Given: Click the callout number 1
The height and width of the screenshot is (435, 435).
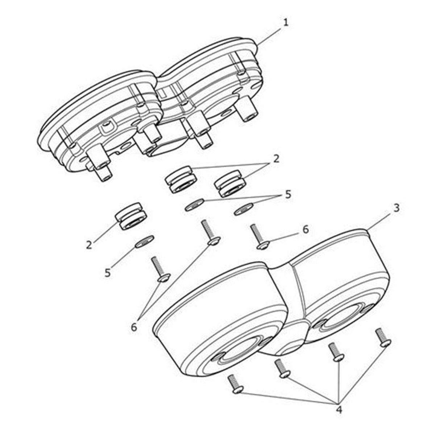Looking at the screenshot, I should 286,22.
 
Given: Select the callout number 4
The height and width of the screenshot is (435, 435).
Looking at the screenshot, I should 339,410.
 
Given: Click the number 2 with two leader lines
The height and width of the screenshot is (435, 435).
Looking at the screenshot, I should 276,159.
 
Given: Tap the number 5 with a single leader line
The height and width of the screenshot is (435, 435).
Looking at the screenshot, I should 108,273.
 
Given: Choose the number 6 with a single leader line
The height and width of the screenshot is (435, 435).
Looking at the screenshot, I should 305,229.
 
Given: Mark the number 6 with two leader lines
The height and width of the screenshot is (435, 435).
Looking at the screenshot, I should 134,327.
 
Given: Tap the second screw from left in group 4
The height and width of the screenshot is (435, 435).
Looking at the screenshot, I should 282,369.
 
